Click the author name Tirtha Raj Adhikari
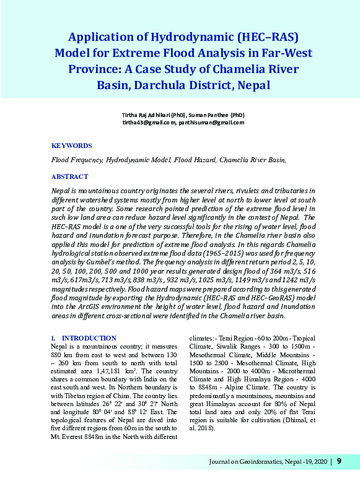146,115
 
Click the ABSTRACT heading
69,176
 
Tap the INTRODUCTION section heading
89,338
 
